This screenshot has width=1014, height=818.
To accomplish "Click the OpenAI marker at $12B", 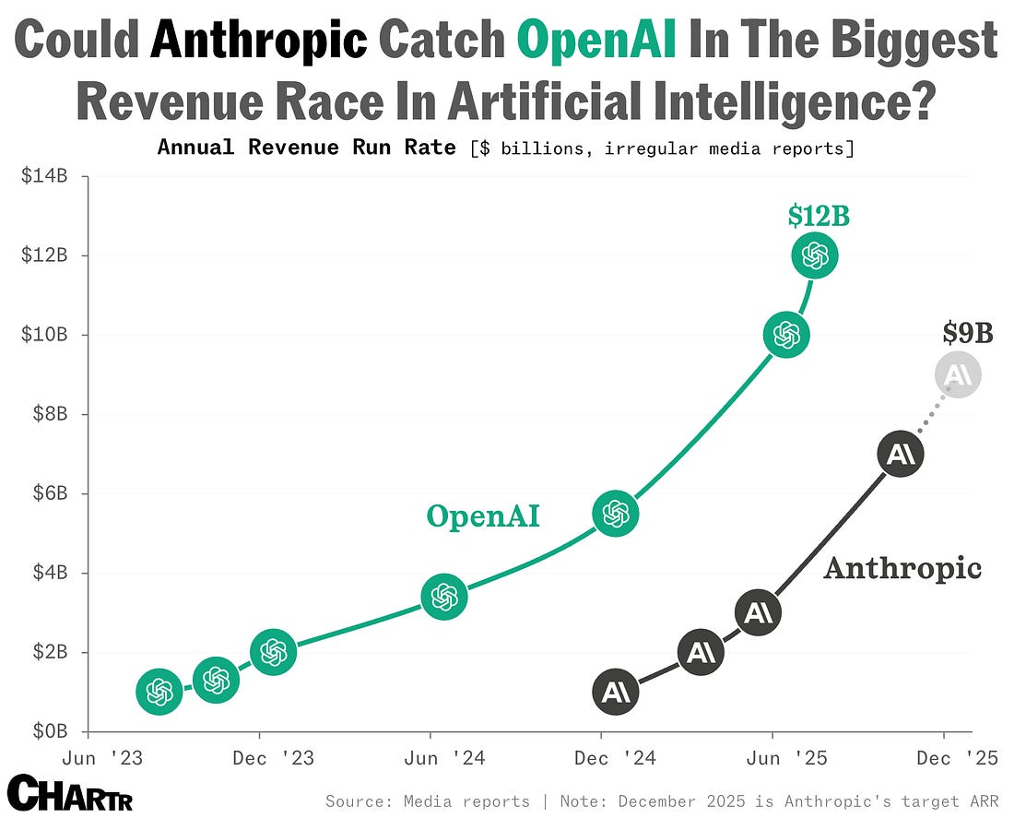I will (815, 255).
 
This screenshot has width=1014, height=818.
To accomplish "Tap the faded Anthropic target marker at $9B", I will (958, 374).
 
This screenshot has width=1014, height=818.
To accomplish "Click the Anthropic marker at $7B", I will (900, 454).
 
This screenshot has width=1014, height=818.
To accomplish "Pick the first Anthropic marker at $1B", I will (615, 692).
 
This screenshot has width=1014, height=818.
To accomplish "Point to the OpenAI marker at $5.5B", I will (616, 514).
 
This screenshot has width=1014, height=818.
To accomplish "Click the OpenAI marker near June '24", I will (444, 597).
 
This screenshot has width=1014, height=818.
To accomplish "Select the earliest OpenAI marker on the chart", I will (159, 692).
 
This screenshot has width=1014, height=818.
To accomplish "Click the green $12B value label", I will (819, 216).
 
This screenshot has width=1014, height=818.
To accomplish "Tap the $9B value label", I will (968, 333).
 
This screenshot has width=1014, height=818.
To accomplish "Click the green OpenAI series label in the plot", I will (482, 516).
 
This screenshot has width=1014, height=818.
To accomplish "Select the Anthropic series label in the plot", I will (902, 568).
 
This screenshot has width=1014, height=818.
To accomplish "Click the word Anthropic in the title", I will (260, 41).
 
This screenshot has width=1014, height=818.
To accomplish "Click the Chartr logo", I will (70, 793).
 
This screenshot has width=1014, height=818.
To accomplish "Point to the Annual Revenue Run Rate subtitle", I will (307, 147).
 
